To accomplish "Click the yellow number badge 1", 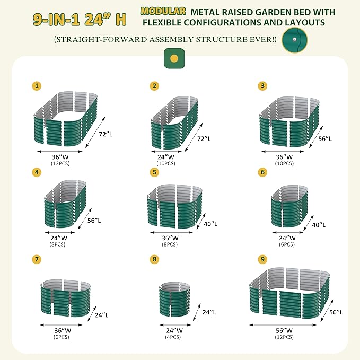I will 37,85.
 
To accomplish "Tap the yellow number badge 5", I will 154,172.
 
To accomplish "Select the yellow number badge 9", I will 262,259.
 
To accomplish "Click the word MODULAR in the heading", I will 163,11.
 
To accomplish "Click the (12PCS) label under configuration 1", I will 60,164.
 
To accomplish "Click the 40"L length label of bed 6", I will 318,225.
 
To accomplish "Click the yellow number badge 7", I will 37,259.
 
